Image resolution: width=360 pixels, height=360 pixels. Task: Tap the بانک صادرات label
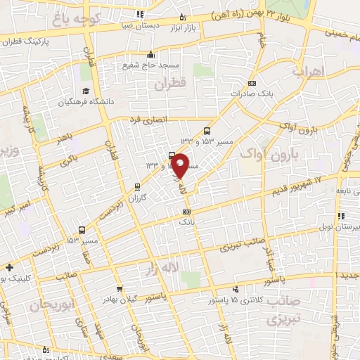coord(259,93)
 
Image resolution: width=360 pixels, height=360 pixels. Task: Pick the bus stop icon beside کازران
coord(136,187)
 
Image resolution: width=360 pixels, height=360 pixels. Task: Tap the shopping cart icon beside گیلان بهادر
coord(120,288)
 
